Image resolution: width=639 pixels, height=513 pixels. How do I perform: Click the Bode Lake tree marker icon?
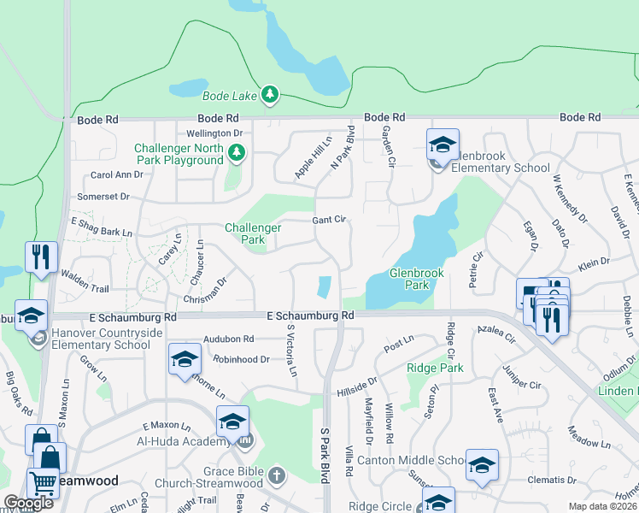point(270,94)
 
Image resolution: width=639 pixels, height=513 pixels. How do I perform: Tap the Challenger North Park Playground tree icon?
point(237,153)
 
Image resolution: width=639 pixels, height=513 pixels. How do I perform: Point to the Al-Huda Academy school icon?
point(232,422)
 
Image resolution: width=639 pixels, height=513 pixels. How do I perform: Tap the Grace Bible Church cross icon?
point(275,474)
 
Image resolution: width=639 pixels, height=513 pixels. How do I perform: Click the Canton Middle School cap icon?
point(482,466)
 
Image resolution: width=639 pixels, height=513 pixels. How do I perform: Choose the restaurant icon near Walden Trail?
point(41,256)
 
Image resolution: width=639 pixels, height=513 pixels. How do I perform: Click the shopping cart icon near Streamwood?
point(42,483)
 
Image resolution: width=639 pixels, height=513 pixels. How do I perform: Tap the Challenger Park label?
point(253,233)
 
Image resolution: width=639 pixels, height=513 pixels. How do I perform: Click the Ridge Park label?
point(435,368)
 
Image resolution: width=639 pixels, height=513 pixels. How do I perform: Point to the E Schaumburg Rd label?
point(310,315)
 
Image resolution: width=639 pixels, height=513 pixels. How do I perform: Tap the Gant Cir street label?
point(329,220)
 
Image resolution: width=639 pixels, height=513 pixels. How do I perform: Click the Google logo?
point(29,503)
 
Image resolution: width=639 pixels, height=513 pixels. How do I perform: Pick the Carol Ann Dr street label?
point(117,174)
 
